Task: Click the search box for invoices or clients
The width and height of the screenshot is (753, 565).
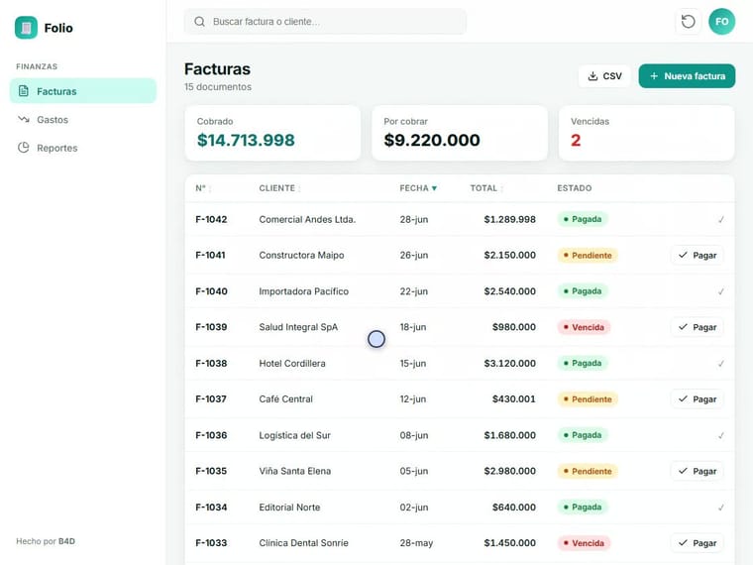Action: pyautogui.click(x=325, y=22)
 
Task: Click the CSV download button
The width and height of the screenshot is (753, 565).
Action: pyautogui.click(x=604, y=76)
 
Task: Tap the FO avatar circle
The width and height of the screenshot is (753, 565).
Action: pyautogui.click(x=721, y=22)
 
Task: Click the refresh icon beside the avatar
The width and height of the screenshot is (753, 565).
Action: pyautogui.click(x=689, y=22)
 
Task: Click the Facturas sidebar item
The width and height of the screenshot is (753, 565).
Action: pyautogui.click(x=83, y=91)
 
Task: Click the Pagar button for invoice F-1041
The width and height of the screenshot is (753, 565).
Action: pyautogui.click(x=697, y=255)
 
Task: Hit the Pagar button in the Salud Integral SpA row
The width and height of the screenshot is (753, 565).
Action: pyautogui.click(x=697, y=327)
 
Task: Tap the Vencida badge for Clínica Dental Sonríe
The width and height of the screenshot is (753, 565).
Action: pyautogui.click(x=584, y=543)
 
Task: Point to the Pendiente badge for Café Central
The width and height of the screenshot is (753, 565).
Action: pyautogui.click(x=588, y=399)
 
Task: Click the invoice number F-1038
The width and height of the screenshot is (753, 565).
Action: pyautogui.click(x=211, y=363)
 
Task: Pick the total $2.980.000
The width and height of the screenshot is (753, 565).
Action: pyautogui.click(x=509, y=471)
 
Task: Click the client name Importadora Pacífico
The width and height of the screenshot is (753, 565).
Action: pyautogui.click(x=303, y=291)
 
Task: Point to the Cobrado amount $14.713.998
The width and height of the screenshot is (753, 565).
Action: pyautogui.click(x=246, y=140)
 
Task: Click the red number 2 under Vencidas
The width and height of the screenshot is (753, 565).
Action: pyautogui.click(x=576, y=140)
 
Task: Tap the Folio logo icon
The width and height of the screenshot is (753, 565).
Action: pyautogui.click(x=26, y=28)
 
